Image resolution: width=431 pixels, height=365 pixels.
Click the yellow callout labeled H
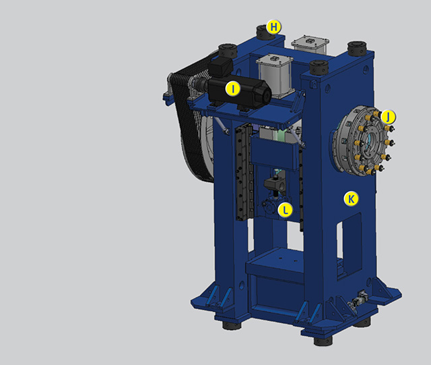tap(274, 27)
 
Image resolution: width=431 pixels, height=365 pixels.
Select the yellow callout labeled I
tap(233, 89)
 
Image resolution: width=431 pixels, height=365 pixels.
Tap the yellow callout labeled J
tap(388, 117)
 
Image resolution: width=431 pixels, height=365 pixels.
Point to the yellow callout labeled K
tap(351, 198)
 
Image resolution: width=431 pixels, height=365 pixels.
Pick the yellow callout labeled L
tap(286, 210)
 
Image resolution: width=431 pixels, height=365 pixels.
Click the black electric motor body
tap(239, 91)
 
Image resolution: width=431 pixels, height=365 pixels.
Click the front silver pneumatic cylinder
tap(273, 75)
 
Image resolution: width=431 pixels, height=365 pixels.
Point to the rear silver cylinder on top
tap(310, 43)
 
